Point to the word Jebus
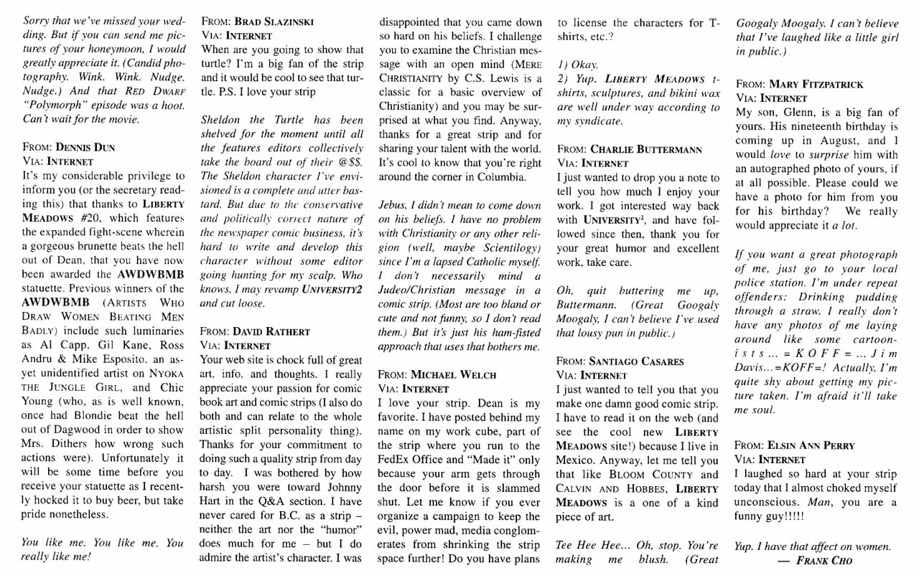click(396, 207)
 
